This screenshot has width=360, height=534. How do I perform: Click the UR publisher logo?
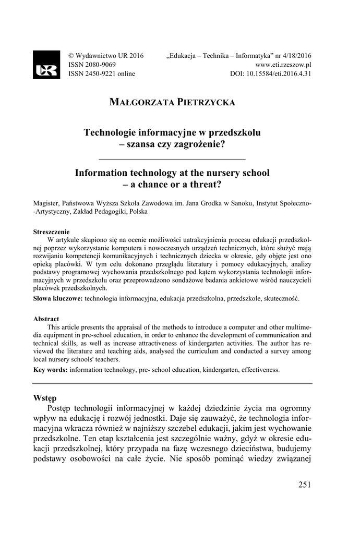46,65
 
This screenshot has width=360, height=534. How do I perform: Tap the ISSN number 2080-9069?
96,65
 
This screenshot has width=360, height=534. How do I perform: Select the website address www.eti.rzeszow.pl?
283,65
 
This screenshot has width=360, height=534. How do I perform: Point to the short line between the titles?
172,158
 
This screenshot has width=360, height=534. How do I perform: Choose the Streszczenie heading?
52,232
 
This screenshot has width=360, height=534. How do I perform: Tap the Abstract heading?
46,319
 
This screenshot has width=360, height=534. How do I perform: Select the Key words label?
50,370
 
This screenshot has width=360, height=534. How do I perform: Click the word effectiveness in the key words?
259,370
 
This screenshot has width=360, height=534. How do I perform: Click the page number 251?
305,485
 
